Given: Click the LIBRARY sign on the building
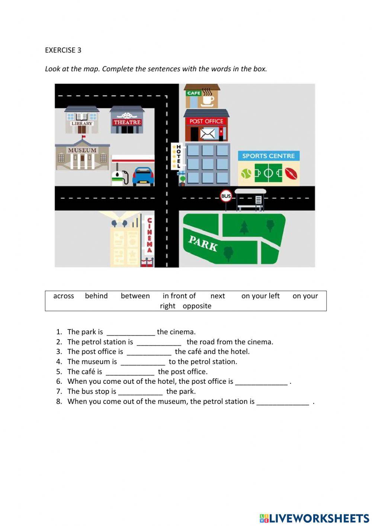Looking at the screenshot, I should click(82, 123).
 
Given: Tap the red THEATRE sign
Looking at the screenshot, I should click(127, 122).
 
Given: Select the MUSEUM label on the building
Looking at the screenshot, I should click(82, 150).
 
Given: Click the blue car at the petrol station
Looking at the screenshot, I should click(143, 176).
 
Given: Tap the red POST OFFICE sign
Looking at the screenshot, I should click(206, 121).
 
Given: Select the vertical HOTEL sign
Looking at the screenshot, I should click(179, 156).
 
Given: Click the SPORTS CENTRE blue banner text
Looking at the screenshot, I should click(268, 156).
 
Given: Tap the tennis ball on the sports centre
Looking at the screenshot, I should click(246, 173).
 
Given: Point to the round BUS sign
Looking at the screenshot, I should click(226, 196).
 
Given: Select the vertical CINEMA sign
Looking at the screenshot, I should click(150, 235).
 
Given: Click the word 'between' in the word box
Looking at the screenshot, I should click(135, 296).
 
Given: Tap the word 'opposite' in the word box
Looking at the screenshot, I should click(197, 306).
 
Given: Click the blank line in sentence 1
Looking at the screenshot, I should click(130, 332).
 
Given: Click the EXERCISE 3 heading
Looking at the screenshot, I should click(63, 50).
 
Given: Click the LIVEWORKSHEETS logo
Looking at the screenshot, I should click(314, 518).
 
